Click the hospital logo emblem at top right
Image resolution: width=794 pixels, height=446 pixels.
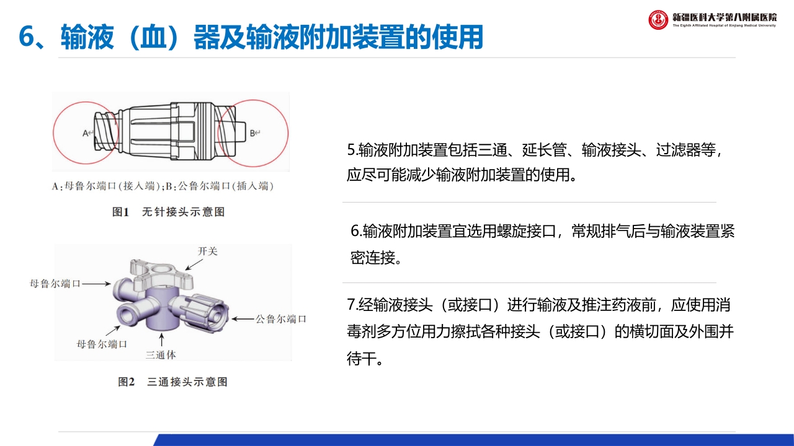[x=658, y=20]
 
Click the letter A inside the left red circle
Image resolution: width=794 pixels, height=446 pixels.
[x=86, y=133]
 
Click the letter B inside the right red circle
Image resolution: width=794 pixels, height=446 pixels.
[x=252, y=133]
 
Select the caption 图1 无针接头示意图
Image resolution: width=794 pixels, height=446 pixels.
[x=168, y=212]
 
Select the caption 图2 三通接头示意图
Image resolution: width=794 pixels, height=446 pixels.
[x=172, y=382]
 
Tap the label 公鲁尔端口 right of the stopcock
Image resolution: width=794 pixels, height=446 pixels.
[x=281, y=319]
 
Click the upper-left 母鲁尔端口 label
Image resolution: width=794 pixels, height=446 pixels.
[x=55, y=284]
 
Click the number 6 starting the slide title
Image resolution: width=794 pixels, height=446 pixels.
[x=26, y=37]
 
